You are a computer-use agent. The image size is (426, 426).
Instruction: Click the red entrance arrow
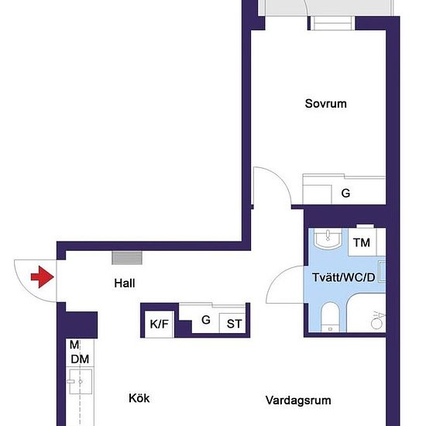pyautogui.click(x=43, y=277)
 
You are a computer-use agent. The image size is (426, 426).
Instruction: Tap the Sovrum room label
pyautogui.click(x=325, y=104)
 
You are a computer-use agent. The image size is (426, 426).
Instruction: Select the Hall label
pyautogui.click(x=125, y=283)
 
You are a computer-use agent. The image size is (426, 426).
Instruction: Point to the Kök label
pyautogui.click(x=139, y=398)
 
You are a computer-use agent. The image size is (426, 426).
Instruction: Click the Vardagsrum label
pyautogui.click(x=298, y=400)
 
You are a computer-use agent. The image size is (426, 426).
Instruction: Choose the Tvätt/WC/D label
pyautogui.click(x=344, y=277)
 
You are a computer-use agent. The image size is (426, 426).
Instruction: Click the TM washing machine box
pyautogui.click(x=362, y=242)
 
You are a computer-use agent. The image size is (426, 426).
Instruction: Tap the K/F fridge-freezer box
pyautogui.click(x=160, y=324)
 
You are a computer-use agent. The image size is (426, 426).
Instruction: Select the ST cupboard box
pyautogui.click(x=233, y=323)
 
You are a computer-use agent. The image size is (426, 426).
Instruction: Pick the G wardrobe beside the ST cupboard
pyautogui.click(x=206, y=319)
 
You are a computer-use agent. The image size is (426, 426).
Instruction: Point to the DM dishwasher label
pyautogui.click(x=80, y=359)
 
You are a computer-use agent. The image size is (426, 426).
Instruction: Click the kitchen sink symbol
pyautogui.click(x=80, y=381)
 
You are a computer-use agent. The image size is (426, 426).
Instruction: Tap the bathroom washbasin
pyautogui.click(x=328, y=239)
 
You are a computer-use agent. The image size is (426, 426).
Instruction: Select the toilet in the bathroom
pyautogui.click(x=331, y=317)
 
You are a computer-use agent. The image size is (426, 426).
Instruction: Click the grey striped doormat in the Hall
pyautogui.click(x=127, y=258)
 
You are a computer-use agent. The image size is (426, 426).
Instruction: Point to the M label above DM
pyautogui.click(x=74, y=345)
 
